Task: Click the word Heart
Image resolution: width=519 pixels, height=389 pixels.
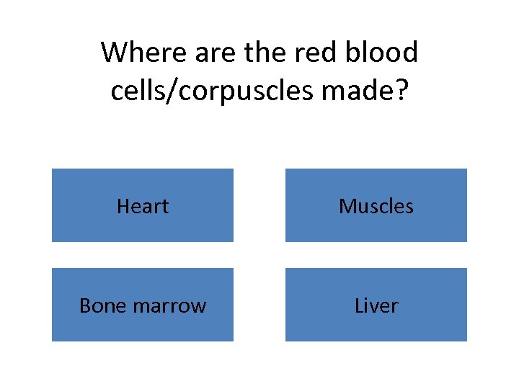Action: (x=143, y=207)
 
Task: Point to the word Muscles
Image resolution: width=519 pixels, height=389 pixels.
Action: (x=376, y=207)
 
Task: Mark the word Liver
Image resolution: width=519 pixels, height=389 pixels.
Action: (x=376, y=306)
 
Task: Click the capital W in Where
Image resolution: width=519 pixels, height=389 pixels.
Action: (x=112, y=53)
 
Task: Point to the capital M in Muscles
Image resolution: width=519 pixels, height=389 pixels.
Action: (x=346, y=207)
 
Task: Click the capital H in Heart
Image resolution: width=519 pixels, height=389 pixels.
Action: (x=123, y=207)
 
